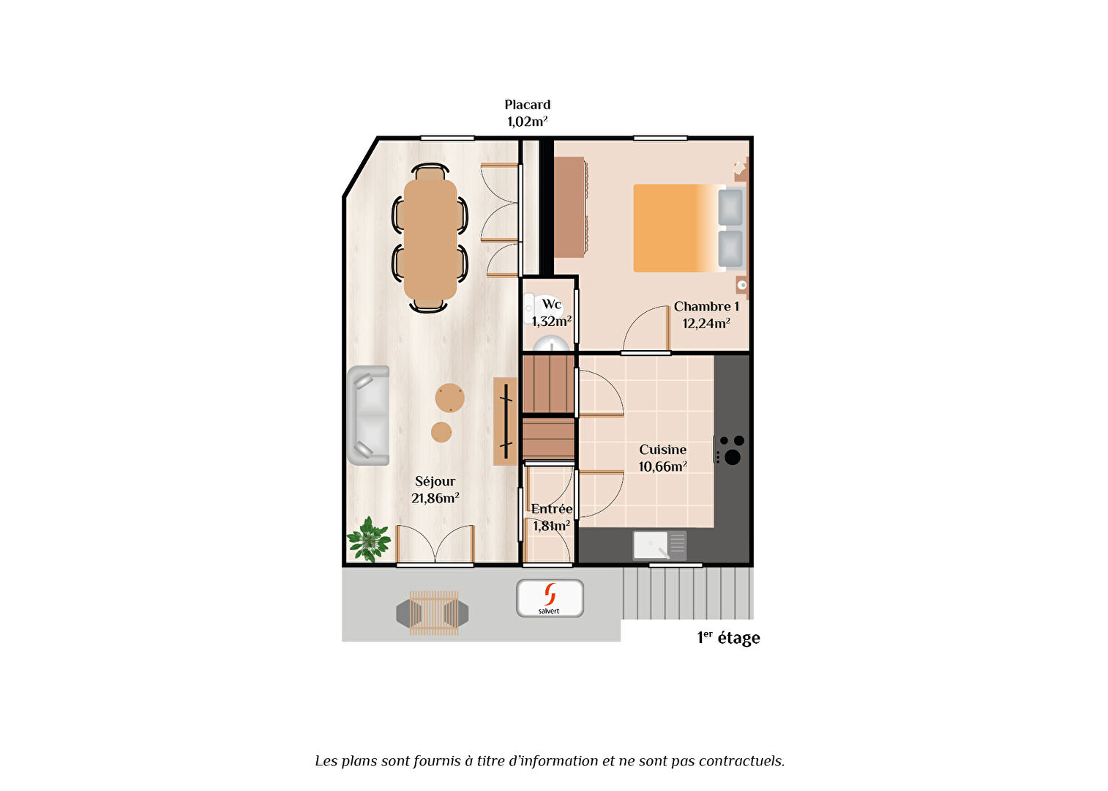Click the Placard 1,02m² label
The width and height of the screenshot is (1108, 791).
click(x=528, y=114)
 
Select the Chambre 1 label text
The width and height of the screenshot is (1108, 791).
click(x=706, y=307)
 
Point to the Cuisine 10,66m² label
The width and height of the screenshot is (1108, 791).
click(x=662, y=458)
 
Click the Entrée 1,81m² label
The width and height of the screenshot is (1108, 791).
click(x=552, y=517)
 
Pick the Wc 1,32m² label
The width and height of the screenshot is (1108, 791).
click(x=552, y=313)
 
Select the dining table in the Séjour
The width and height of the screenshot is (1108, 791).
click(x=430, y=239)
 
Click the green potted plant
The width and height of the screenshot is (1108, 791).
click(x=369, y=540)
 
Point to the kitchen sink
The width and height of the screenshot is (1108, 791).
click(x=660, y=546)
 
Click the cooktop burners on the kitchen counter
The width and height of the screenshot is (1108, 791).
click(x=730, y=450)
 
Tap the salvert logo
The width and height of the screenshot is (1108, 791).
click(x=550, y=598)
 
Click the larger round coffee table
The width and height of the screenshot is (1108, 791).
click(x=449, y=398)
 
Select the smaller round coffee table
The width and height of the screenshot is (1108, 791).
click(x=441, y=432)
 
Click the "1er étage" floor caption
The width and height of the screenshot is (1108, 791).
click(x=728, y=637)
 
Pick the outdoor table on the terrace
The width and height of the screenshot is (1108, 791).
click(x=434, y=613)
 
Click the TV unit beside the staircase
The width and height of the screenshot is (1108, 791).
click(x=505, y=421)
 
